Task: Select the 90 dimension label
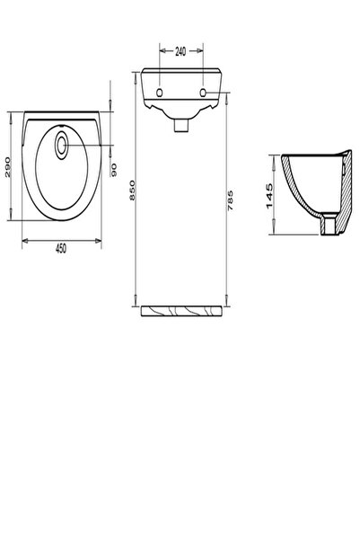[x=115, y=168]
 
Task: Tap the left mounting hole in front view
[x=159, y=93]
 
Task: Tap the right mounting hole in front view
[x=202, y=93]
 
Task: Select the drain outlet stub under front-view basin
[x=180, y=125]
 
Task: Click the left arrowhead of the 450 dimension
[x=22, y=241]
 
